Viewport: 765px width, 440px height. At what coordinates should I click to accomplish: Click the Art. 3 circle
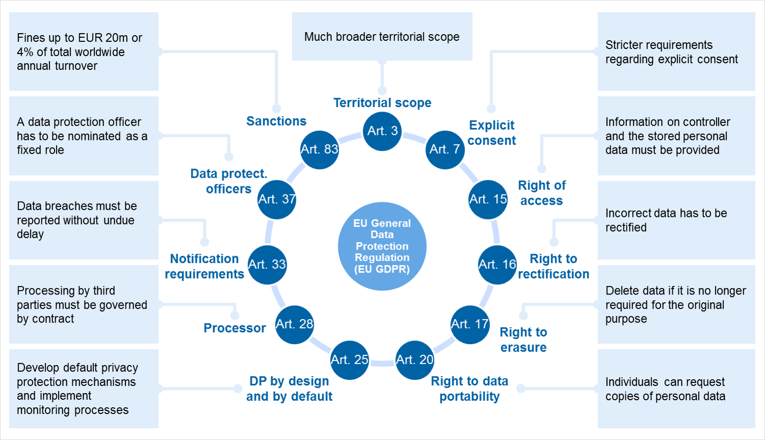click(x=382, y=131)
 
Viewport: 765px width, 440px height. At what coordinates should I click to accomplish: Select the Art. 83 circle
click(x=319, y=149)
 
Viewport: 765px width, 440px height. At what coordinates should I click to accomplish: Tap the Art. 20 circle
click(x=415, y=360)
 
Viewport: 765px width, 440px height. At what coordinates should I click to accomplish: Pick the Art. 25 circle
click(x=349, y=360)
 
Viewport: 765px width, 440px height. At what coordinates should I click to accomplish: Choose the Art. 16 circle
click(x=497, y=264)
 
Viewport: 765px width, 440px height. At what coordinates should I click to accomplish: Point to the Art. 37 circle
click(x=277, y=199)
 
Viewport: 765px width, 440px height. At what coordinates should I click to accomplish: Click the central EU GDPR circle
click(x=382, y=246)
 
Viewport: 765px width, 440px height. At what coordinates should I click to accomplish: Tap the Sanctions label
click(x=276, y=121)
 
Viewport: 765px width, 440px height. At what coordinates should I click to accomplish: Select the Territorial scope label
click(x=382, y=103)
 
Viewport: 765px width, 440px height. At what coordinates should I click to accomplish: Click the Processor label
click(x=235, y=328)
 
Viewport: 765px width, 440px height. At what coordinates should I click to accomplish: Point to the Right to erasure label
click(x=523, y=339)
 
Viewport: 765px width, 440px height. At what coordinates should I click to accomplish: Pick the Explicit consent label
click(x=492, y=133)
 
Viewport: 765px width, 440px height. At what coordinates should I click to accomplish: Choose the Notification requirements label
click(x=205, y=266)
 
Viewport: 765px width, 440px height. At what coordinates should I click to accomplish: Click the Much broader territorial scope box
click(x=382, y=37)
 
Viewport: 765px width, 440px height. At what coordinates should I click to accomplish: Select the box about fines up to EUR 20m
click(x=84, y=52)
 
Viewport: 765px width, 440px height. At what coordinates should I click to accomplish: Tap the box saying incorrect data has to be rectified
click(x=676, y=220)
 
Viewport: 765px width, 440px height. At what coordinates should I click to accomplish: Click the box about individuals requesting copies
click(x=676, y=388)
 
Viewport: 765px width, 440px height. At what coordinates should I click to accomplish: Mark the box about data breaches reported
click(x=84, y=220)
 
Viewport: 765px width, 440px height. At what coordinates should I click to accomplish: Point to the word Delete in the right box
click(x=620, y=290)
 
